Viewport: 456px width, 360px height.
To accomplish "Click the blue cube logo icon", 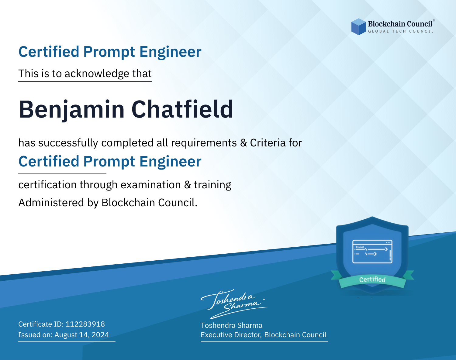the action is click(x=358, y=27).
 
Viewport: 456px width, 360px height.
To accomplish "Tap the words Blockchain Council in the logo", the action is click(x=400, y=24).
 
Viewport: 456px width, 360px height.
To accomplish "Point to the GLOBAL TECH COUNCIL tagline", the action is click(x=401, y=31).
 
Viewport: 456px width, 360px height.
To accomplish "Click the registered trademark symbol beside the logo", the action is click(x=434, y=20).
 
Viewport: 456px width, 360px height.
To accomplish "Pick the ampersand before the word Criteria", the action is click(x=244, y=143).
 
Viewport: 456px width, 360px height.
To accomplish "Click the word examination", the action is click(x=151, y=185).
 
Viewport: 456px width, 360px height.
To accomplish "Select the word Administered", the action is click(x=51, y=203).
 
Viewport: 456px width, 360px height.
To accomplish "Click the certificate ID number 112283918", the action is click(x=85, y=324).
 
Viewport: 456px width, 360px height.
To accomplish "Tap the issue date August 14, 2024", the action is click(x=81, y=335).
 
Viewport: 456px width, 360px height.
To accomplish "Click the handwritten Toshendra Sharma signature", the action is click(x=234, y=304).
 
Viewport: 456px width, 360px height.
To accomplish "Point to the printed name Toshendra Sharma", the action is click(x=231, y=325).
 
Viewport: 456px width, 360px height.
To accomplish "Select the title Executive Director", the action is click(x=230, y=335).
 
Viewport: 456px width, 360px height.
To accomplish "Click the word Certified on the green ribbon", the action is click(x=372, y=279).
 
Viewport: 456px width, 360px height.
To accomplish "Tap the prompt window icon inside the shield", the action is click(x=372, y=252).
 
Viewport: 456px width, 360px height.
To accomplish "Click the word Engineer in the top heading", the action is click(x=170, y=52).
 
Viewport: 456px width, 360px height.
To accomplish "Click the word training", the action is click(x=212, y=185).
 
